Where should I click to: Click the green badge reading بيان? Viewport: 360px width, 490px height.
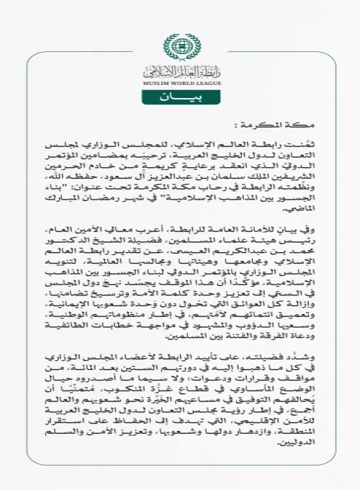coord(179,97)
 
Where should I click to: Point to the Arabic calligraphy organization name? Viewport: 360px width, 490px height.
coord(179,71)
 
